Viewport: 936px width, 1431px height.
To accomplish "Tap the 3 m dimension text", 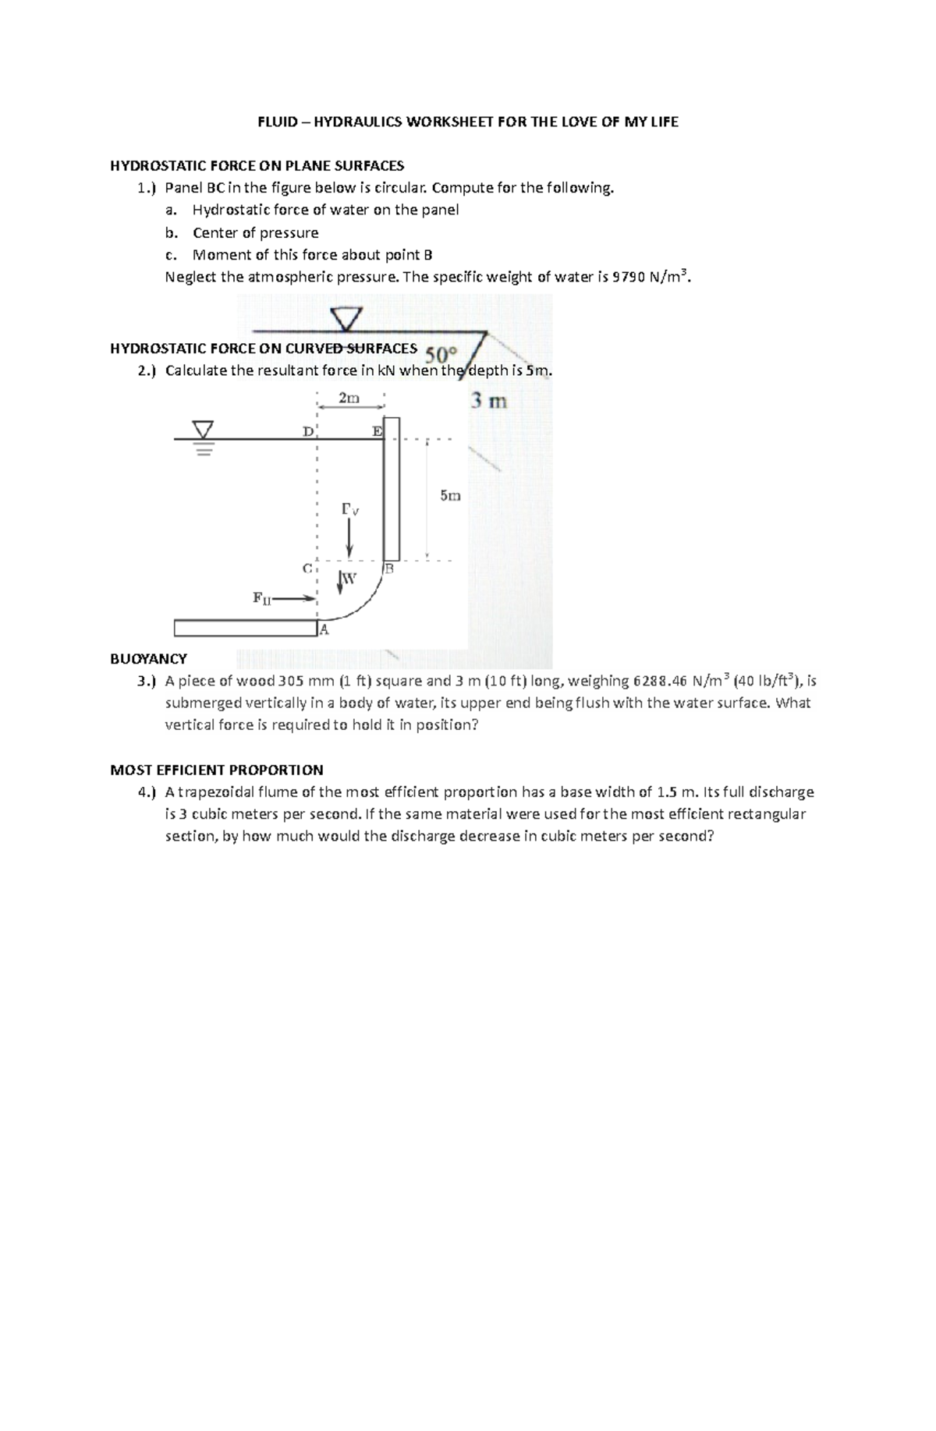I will tap(489, 402).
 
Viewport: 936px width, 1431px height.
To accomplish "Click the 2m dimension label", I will tap(349, 398).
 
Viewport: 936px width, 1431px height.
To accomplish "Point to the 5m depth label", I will tap(450, 495).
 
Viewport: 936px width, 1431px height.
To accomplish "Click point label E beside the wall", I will tap(377, 430).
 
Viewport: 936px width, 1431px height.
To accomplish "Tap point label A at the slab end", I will tap(324, 630).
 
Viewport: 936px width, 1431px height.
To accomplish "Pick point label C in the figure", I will tap(307, 568).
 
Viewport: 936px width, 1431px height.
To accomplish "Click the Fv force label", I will tap(349, 510).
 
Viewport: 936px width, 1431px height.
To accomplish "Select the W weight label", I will tap(349, 579).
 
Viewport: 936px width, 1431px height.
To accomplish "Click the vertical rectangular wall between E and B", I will tap(392, 490).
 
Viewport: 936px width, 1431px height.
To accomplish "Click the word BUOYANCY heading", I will tap(148, 659).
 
